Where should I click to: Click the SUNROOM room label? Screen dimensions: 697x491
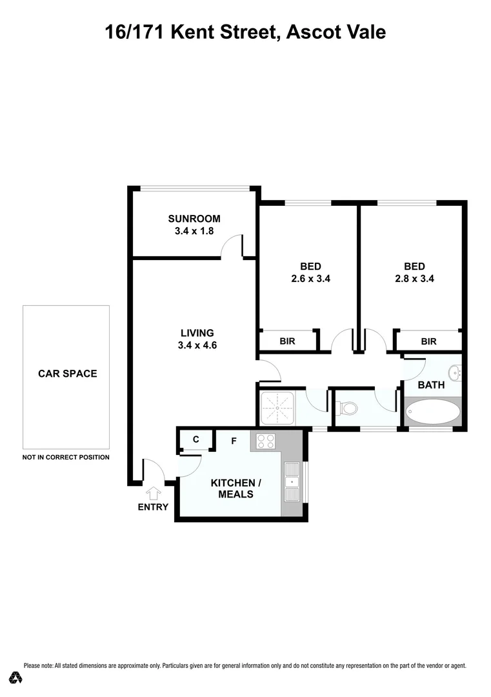coord(194,219)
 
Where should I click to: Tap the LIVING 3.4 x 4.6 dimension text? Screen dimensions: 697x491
coord(197,345)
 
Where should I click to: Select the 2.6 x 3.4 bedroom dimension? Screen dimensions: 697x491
coord(310,279)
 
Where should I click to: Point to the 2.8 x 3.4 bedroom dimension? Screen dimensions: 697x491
coord(414,279)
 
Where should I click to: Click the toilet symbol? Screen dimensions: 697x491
coord(348,408)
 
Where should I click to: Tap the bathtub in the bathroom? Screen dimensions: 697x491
coord(432,411)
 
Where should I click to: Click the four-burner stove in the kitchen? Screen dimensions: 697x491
coord(266,441)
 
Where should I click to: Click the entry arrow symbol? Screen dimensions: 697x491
coord(154,494)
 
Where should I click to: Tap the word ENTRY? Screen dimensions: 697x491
coord(153,507)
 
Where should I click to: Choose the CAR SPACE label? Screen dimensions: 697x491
coord(68,373)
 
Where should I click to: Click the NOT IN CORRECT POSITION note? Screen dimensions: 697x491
coord(66,457)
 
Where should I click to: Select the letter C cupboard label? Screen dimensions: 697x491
coord(195,440)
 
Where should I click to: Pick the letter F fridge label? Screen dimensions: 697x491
coord(234,441)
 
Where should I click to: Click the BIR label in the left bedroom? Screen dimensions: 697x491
coord(287,341)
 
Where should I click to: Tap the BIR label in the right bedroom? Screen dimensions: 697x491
coord(428,341)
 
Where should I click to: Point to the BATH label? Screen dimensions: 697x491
coord(431,385)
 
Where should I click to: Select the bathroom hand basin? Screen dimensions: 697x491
coord(456,372)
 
